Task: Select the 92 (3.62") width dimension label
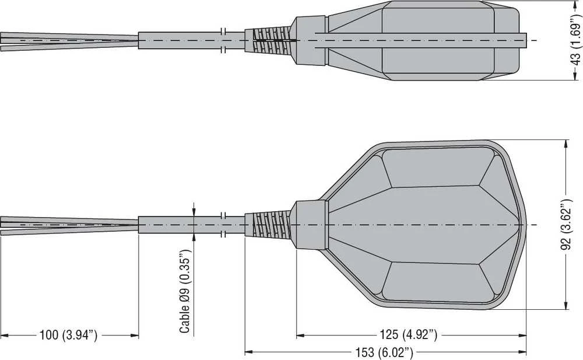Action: pyautogui.click(x=566, y=225)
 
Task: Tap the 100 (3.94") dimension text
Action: pyautogui.click(x=68, y=335)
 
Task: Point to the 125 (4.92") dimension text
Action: pyautogui.click(x=409, y=335)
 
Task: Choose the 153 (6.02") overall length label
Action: pyautogui.click(x=384, y=352)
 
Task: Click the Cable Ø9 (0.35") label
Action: pyautogui.click(x=185, y=291)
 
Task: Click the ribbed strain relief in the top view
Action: pyautogui.click(x=268, y=40)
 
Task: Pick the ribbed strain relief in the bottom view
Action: pyautogui.click(x=268, y=224)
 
